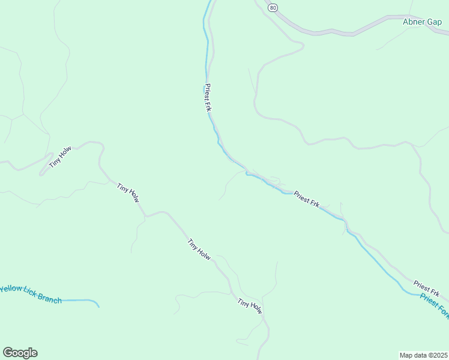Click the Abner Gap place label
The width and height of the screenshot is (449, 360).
(x=422, y=22)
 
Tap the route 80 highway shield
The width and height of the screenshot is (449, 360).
(x=273, y=7)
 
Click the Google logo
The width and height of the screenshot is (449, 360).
(x=20, y=353)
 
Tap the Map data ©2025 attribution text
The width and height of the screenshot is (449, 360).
(x=423, y=355)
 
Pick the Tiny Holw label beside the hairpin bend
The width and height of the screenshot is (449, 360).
(x=60, y=158)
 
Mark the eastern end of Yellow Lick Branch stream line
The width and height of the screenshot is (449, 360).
(x=98, y=306)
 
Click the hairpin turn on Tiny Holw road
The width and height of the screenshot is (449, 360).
(x=41, y=174)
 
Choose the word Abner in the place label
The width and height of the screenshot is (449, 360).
(x=413, y=22)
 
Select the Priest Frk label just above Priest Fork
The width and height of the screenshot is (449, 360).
(x=426, y=288)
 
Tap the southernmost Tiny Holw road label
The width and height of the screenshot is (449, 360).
(x=250, y=306)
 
